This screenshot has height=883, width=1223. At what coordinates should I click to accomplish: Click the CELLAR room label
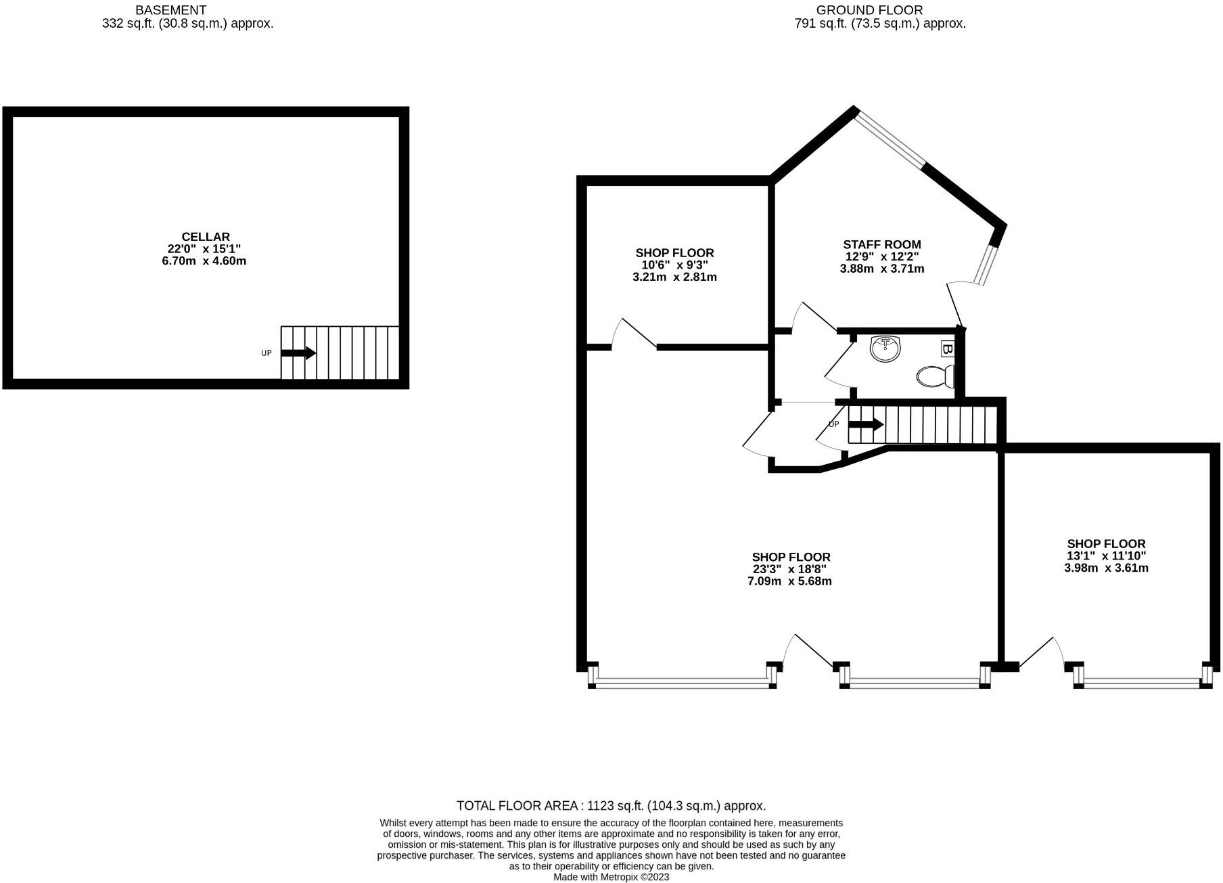point(206,237)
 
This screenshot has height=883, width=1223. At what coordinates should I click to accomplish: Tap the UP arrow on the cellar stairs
point(298,353)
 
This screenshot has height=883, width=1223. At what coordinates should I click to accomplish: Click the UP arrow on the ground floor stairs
point(866,425)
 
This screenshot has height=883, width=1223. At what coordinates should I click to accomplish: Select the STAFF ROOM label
point(882,244)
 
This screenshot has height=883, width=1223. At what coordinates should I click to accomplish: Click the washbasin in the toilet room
point(885,349)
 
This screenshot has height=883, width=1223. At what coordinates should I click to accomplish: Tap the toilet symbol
point(935,376)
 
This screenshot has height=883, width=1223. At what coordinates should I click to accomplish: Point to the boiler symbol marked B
point(947,350)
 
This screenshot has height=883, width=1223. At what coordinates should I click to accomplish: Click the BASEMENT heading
point(170,10)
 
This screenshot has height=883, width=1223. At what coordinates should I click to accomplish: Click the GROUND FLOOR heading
point(869,10)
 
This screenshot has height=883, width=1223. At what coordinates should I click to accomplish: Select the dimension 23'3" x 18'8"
point(789,570)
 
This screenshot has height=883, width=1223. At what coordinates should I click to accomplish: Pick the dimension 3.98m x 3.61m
point(1106,568)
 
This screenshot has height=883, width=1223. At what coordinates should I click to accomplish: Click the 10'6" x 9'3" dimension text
point(674,265)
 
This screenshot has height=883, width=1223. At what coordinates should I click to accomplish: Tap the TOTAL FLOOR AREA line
point(611,806)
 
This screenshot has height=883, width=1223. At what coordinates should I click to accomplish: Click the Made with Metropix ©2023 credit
point(611,877)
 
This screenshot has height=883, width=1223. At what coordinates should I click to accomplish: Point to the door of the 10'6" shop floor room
point(634,335)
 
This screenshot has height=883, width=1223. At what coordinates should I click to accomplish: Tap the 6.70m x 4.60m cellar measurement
point(204,261)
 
